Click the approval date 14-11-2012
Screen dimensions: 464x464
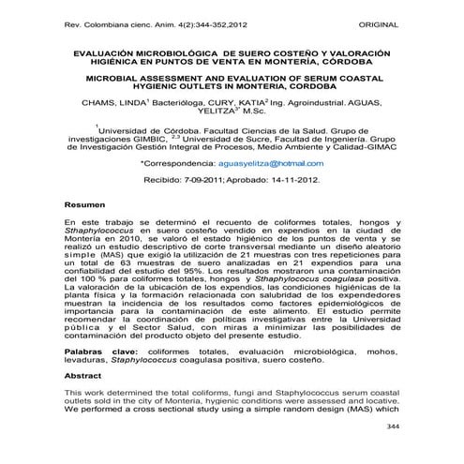point(295,176)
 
